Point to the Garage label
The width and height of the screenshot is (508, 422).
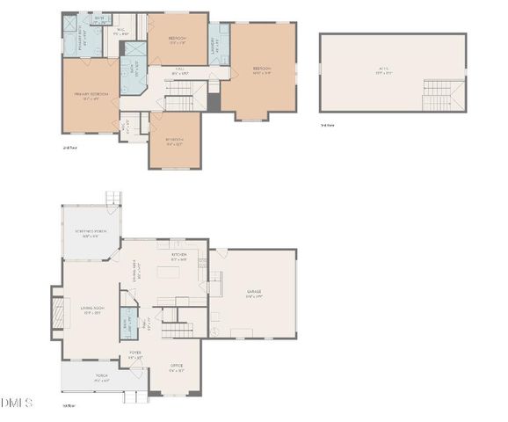tap(253, 294)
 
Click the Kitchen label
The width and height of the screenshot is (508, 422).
tap(179, 258)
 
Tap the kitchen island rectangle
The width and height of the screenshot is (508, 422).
tap(169, 272)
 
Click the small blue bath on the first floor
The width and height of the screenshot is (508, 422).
tap(128, 323)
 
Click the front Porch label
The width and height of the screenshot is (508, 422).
tap(100, 379)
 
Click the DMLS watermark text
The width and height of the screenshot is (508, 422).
tap(17, 403)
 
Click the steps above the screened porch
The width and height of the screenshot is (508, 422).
tap(112, 199)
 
